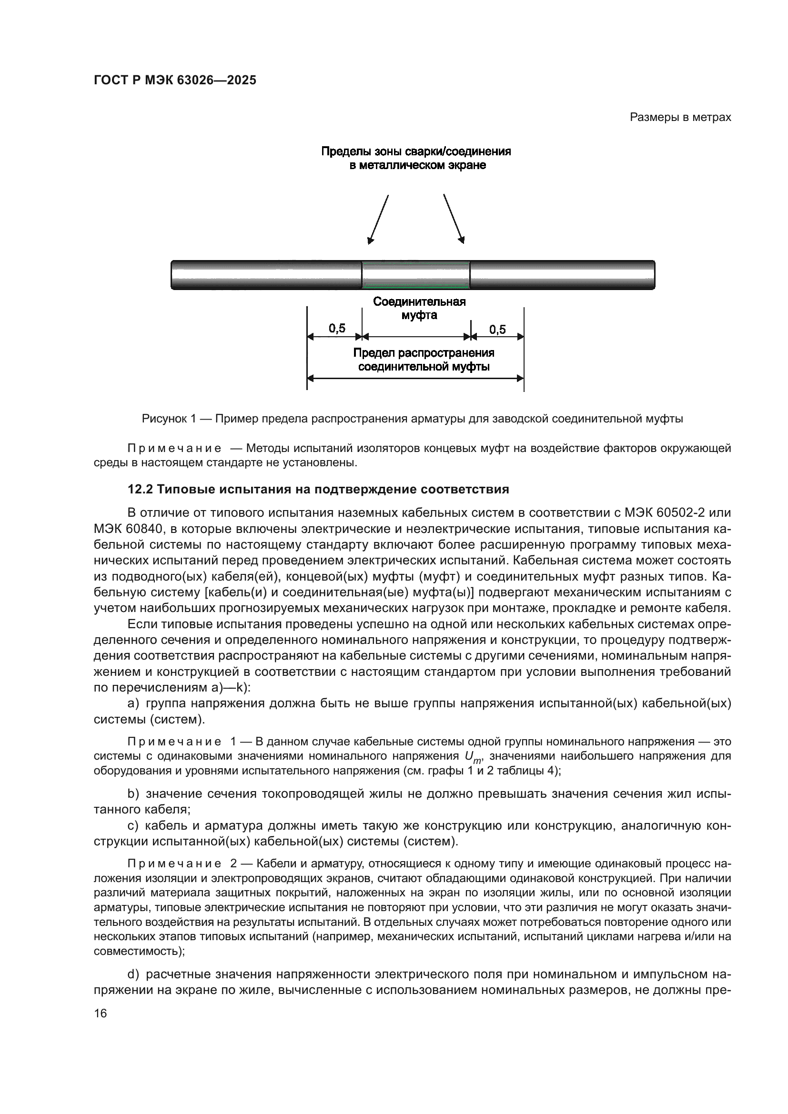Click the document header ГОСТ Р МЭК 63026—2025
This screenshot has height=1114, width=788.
tap(175, 80)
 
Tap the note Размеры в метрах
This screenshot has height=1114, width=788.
tap(680, 118)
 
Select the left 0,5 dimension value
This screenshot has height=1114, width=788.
tap(337, 329)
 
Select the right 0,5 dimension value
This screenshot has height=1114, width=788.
tap(497, 330)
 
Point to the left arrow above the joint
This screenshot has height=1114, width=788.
tap(378, 219)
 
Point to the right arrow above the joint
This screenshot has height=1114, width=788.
tap(454, 219)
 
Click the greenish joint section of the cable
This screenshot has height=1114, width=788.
tap(416, 275)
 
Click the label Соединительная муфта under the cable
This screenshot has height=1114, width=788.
tap(419, 308)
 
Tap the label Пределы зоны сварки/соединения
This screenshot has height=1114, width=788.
tap(416, 151)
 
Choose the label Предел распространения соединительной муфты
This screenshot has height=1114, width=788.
tap(424, 360)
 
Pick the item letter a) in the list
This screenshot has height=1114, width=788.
tap(133, 703)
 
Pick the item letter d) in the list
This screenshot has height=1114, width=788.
tap(133, 974)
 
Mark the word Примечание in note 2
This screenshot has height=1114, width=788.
tap(174, 863)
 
